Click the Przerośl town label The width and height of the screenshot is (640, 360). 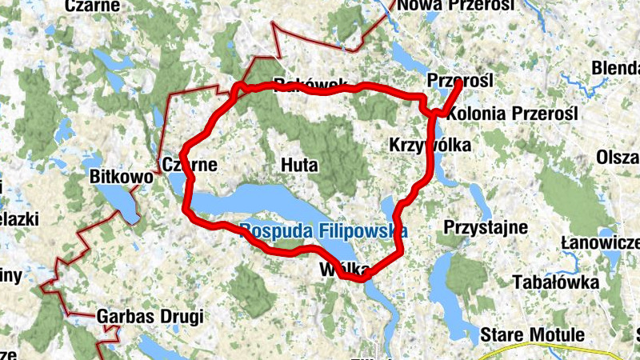tap(459, 81)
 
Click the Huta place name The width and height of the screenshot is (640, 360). tap(300, 166)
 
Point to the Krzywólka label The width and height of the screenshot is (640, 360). tap(430, 145)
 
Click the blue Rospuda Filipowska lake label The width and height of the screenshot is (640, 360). tap(324, 230)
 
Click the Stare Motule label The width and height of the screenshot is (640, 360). tap(533, 334)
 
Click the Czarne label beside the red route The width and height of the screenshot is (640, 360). tap(190, 165)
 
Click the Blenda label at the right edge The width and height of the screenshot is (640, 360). tap(616, 70)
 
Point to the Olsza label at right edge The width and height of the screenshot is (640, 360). tap(618, 157)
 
